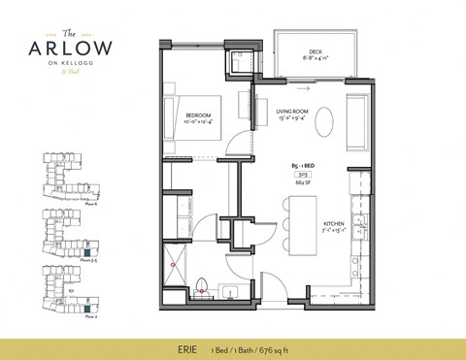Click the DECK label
(x=315, y=52)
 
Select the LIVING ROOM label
(x=292, y=112)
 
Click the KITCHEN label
(x=335, y=227)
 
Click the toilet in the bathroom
(x=202, y=285)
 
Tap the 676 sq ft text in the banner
(x=286, y=341)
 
